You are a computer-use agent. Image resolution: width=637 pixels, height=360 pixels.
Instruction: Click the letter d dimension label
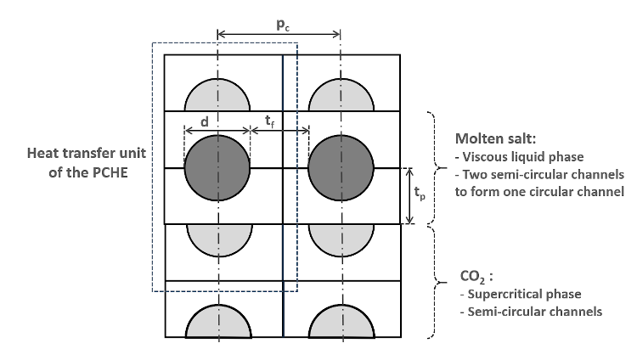click(204, 122)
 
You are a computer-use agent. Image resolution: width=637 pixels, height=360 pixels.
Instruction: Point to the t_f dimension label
click(268, 122)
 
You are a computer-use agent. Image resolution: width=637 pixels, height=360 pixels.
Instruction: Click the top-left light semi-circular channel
click(217, 96)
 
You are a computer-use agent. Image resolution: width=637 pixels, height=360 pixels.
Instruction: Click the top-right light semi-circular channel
click(341, 96)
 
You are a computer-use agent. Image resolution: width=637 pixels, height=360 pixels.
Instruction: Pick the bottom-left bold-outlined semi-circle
click(219, 321)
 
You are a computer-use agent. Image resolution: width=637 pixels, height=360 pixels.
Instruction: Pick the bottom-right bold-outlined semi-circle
click(341, 321)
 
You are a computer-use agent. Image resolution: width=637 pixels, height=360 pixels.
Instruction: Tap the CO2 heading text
click(470, 277)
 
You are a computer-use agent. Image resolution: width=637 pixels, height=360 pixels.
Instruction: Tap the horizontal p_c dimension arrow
click(279, 35)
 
